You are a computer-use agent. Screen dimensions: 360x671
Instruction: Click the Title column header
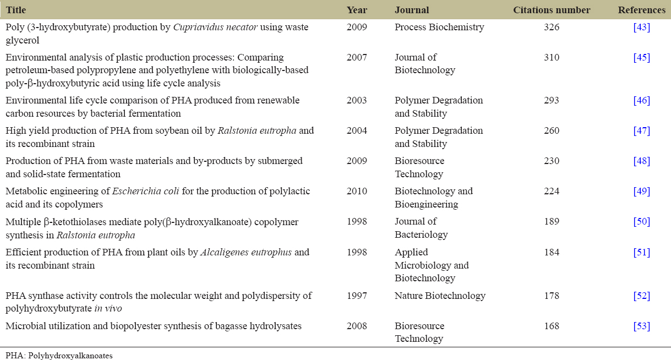[16, 10]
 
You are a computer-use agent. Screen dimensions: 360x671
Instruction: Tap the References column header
[641, 10]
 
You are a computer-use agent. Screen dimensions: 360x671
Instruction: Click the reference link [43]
[642, 27]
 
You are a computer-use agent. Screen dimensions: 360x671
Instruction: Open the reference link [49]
[642, 191]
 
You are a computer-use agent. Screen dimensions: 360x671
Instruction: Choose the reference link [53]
[642, 326]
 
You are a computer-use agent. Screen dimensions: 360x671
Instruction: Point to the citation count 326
[551, 27]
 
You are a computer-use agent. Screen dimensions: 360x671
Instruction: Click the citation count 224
[551, 191]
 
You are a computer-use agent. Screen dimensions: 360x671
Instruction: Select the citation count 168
[551, 326]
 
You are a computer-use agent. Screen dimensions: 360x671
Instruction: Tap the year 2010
[357, 191]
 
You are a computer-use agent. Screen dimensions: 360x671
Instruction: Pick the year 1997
[357, 296]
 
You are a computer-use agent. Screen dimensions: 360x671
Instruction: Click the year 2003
[357, 100]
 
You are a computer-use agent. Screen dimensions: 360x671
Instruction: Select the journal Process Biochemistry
[439, 27]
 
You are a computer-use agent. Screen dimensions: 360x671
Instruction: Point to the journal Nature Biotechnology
[440, 296]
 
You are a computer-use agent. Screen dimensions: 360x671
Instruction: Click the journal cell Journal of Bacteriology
[419, 228]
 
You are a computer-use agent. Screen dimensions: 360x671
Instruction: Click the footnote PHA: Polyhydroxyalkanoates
[59, 356]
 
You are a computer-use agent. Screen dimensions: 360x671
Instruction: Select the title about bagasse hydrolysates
[154, 326]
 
